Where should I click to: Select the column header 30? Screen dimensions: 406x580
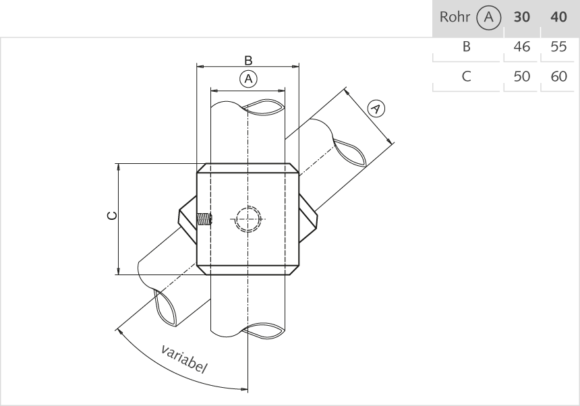pos(521,18)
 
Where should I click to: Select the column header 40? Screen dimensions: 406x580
pos(558,18)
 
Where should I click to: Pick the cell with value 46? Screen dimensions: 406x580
pos(521,47)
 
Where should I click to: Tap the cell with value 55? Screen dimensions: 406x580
pos(558,47)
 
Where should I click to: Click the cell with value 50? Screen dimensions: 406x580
pos(521,77)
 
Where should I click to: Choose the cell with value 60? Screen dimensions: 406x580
pos(558,77)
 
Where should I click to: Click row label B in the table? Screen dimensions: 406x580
pos(466,47)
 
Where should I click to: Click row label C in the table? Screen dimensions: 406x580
pos(466,77)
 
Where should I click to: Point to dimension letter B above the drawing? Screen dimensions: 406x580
pos(248,59)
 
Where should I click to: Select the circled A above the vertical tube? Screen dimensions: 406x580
pos(248,79)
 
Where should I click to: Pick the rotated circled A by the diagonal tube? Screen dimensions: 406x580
pos(376,108)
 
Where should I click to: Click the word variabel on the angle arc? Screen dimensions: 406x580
pos(184,359)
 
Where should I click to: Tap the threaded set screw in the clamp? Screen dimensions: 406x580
pos(204,219)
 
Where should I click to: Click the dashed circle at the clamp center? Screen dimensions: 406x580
pos(248,219)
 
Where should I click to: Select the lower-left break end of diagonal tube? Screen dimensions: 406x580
pos(169,307)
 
